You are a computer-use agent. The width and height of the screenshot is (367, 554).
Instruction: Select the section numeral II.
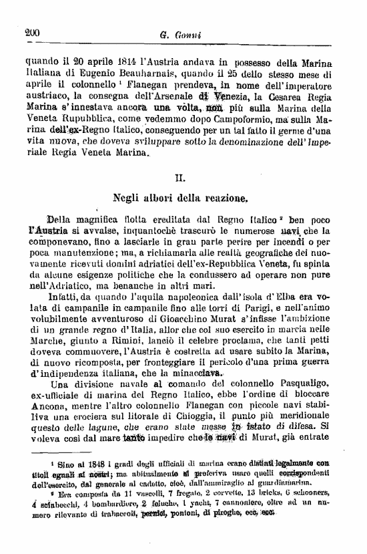click(x=180, y=178)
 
